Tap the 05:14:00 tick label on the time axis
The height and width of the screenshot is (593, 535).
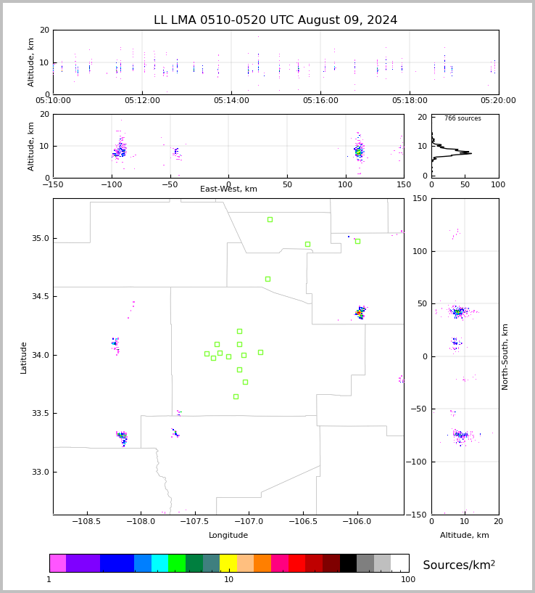[x=231, y=101]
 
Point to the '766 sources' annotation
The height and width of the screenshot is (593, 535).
[x=463, y=118]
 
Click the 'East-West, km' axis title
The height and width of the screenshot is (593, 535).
[x=228, y=189]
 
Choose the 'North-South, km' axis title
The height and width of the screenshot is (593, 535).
[x=505, y=356]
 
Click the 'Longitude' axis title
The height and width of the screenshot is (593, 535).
[x=228, y=536]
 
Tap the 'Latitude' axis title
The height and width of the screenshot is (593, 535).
[x=24, y=357]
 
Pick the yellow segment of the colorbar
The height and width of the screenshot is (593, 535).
[x=228, y=563]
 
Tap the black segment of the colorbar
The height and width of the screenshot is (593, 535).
[x=348, y=563]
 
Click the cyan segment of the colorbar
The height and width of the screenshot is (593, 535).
[x=159, y=563]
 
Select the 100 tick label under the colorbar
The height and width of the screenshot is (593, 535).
[x=408, y=579]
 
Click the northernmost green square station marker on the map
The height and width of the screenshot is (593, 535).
[x=270, y=219]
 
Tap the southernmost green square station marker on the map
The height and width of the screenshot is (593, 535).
[x=236, y=396]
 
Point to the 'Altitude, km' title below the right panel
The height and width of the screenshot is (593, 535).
[x=465, y=536]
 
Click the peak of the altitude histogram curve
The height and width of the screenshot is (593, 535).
[x=470, y=153]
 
